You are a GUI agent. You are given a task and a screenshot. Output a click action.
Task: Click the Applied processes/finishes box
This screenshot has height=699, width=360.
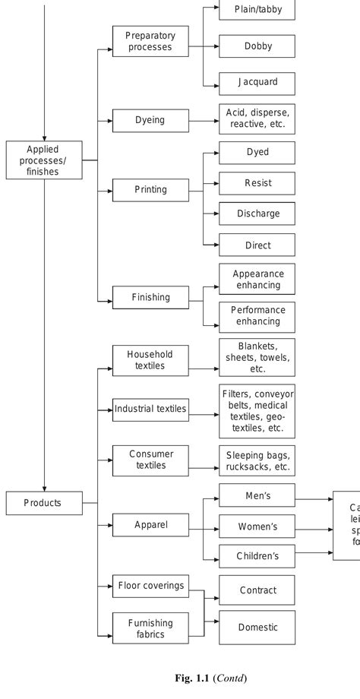click(43, 160)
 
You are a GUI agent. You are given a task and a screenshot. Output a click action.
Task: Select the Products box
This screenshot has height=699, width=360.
click(43, 502)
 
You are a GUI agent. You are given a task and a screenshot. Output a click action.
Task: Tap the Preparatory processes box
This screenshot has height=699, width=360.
click(150, 41)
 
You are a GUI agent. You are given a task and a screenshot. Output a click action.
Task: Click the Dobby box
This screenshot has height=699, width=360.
click(257, 46)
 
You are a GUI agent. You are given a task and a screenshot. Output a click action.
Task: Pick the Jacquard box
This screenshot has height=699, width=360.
click(257, 82)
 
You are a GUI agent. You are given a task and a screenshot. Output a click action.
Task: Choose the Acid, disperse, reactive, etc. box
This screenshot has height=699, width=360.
click(257, 119)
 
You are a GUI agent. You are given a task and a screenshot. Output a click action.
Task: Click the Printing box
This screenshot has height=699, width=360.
click(150, 190)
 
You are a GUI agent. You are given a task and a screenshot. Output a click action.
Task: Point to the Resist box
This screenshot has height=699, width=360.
click(257, 183)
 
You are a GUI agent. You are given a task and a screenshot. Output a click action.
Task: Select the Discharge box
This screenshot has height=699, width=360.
click(257, 213)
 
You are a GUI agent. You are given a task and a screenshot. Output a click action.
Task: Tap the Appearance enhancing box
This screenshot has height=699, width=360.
click(257, 280)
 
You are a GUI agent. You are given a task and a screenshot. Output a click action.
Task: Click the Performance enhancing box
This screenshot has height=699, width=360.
click(257, 315)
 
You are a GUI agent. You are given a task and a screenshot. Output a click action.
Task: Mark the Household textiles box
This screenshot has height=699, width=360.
click(150, 360)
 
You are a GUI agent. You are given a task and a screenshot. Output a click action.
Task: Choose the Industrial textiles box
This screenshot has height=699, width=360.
click(150, 410)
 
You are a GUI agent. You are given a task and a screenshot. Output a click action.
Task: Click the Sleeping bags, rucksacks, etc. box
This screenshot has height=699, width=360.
click(257, 460)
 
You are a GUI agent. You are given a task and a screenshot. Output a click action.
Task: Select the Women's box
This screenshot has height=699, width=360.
click(257, 527)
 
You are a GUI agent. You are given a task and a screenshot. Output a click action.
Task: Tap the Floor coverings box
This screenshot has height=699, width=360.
click(150, 585)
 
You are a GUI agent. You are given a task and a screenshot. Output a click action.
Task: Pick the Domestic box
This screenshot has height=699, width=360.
click(257, 628)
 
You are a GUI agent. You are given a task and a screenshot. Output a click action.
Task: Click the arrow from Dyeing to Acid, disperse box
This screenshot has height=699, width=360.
click(204, 120)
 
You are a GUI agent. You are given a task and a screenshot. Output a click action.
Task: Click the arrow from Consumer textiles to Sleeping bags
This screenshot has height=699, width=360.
click(204, 460)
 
